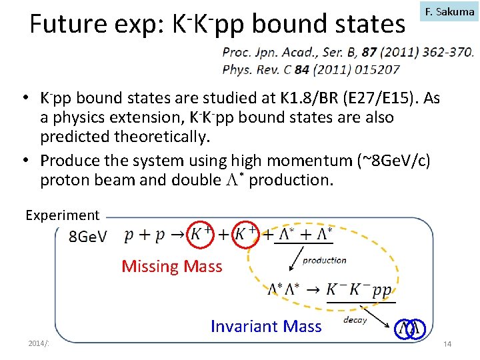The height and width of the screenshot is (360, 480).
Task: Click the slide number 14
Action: coord(447,343)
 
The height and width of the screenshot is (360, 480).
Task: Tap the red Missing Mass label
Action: coord(172,267)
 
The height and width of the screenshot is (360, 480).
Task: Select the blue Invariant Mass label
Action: coord(266,326)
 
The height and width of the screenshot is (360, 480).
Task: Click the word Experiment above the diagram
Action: coord(62,215)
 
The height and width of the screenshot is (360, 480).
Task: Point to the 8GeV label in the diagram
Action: coord(87,237)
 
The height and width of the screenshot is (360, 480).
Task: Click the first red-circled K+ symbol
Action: coord(201,234)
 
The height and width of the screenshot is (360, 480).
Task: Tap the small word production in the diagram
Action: coord(325,260)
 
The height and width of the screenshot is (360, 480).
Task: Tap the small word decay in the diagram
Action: coord(355,319)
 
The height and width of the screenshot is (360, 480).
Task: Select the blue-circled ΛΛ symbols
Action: coord(408,328)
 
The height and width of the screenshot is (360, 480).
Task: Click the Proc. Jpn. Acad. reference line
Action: coord(347,53)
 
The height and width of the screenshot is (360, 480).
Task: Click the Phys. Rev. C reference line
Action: coord(311,69)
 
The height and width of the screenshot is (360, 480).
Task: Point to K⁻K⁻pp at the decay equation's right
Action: coord(359,290)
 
